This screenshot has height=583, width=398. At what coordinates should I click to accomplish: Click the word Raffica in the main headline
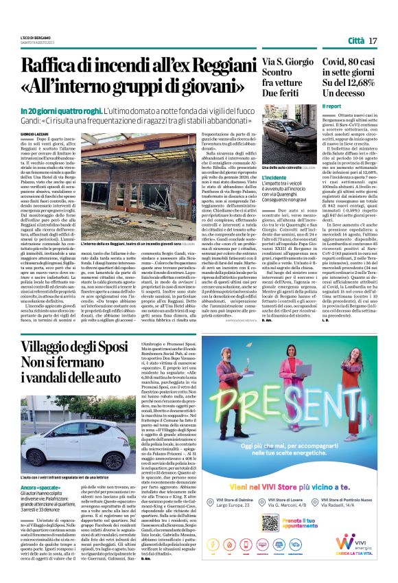coord(49,67)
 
